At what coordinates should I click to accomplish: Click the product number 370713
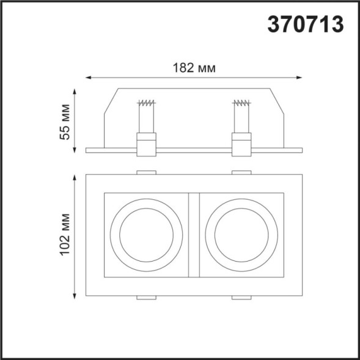[x=306, y=24]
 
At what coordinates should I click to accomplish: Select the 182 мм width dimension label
[x=194, y=67]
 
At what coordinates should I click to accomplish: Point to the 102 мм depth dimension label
[x=65, y=237]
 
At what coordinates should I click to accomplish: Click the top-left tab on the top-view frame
[x=146, y=172]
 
